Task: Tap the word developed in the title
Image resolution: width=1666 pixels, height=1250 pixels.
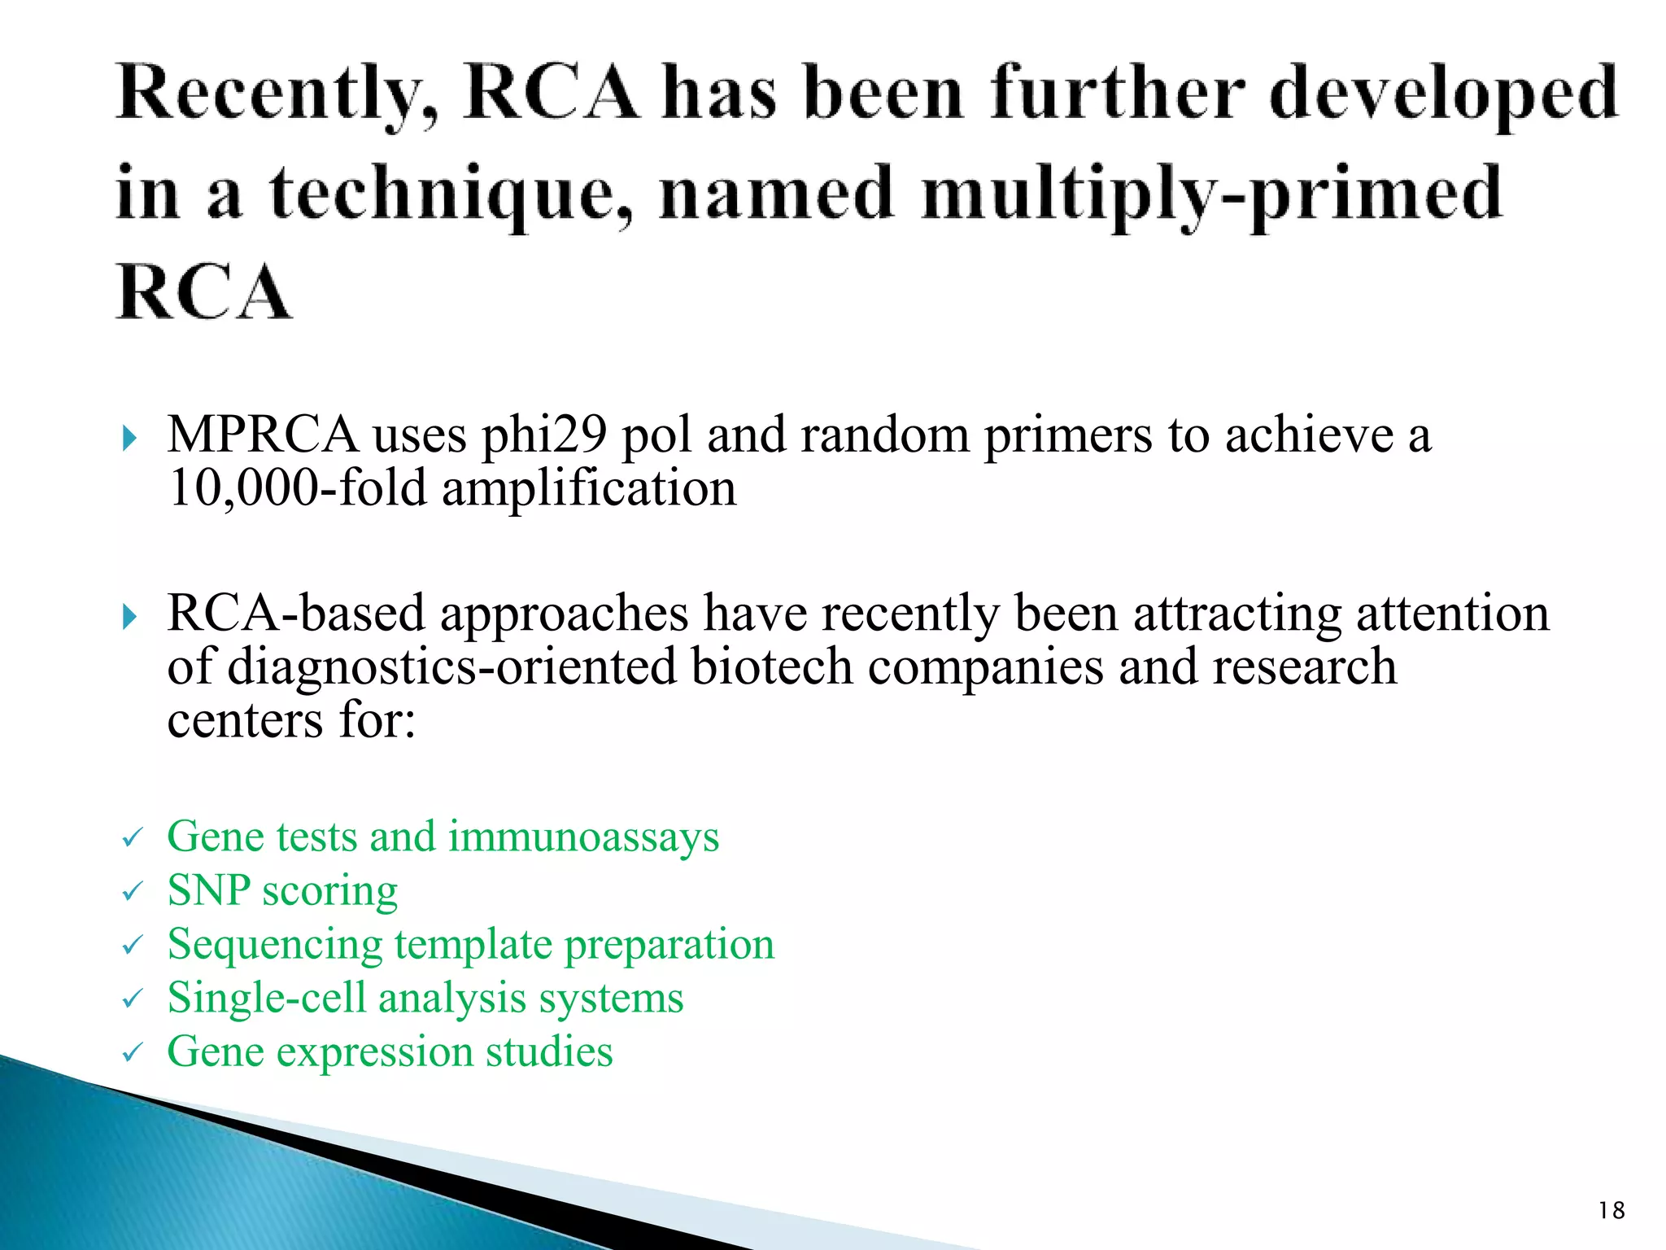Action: pyautogui.click(x=1443, y=96)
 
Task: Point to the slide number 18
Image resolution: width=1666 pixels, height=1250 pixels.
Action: pyautogui.click(x=1611, y=1211)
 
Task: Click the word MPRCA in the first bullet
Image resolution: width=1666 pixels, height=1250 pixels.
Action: pyautogui.click(x=262, y=435)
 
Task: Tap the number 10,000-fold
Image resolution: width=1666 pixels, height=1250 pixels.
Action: pyautogui.click(x=297, y=488)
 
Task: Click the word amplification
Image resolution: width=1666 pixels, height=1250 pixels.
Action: pyautogui.click(x=589, y=488)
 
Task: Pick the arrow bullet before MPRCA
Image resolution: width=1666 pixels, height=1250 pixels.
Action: pyautogui.click(x=129, y=439)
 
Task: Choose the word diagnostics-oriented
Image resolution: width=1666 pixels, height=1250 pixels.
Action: pyautogui.click(x=451, y=667)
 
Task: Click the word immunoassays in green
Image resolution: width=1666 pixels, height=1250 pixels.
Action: pyautogui.click(x=583, y=837)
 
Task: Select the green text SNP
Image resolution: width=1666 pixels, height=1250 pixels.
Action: pyautogui.click(x=208, y=890)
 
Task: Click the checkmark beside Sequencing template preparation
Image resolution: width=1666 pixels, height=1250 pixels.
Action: pyautogui.click(x=133, y=946)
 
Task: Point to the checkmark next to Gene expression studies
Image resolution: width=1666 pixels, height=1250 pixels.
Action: pyautogui.click(x=133, y=1053)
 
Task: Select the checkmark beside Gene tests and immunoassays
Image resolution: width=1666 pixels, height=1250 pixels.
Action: pyautogui.click(x=133, y=838)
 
